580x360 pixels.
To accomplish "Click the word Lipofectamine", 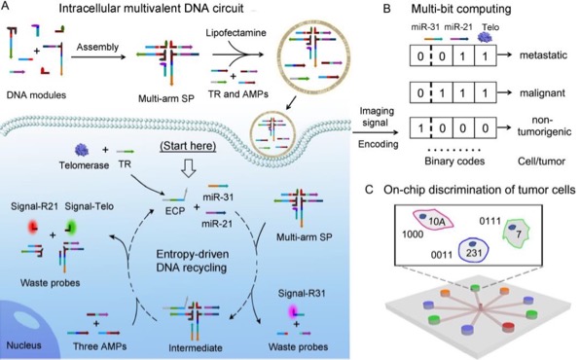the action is tap(236, 32).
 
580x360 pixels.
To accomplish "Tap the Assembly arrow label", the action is tap(97, 47).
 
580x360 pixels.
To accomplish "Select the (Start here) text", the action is tap(188, 146).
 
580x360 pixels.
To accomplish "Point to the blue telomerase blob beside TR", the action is tap(82, 150).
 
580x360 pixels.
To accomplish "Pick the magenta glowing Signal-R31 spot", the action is tap(294, 310).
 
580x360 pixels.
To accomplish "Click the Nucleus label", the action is tap(24, 345).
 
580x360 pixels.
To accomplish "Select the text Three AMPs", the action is tap(99, 346).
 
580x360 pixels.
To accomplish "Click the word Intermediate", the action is tap(196, 347).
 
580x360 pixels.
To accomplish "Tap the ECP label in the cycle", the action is tap(175, 211).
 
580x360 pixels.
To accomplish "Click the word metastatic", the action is tap(543, 55).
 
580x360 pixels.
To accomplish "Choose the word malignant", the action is tap(542, 92).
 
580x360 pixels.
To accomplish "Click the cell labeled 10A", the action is tap(434, 221).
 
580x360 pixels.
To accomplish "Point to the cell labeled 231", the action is tap(474, 250).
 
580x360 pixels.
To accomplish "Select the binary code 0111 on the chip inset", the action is tap(489, 221).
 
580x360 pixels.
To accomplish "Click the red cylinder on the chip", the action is tap(509, 327).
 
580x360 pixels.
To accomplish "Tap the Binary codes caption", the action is tap(454, 162).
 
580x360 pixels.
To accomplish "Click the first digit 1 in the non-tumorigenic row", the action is tap(420, 128).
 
